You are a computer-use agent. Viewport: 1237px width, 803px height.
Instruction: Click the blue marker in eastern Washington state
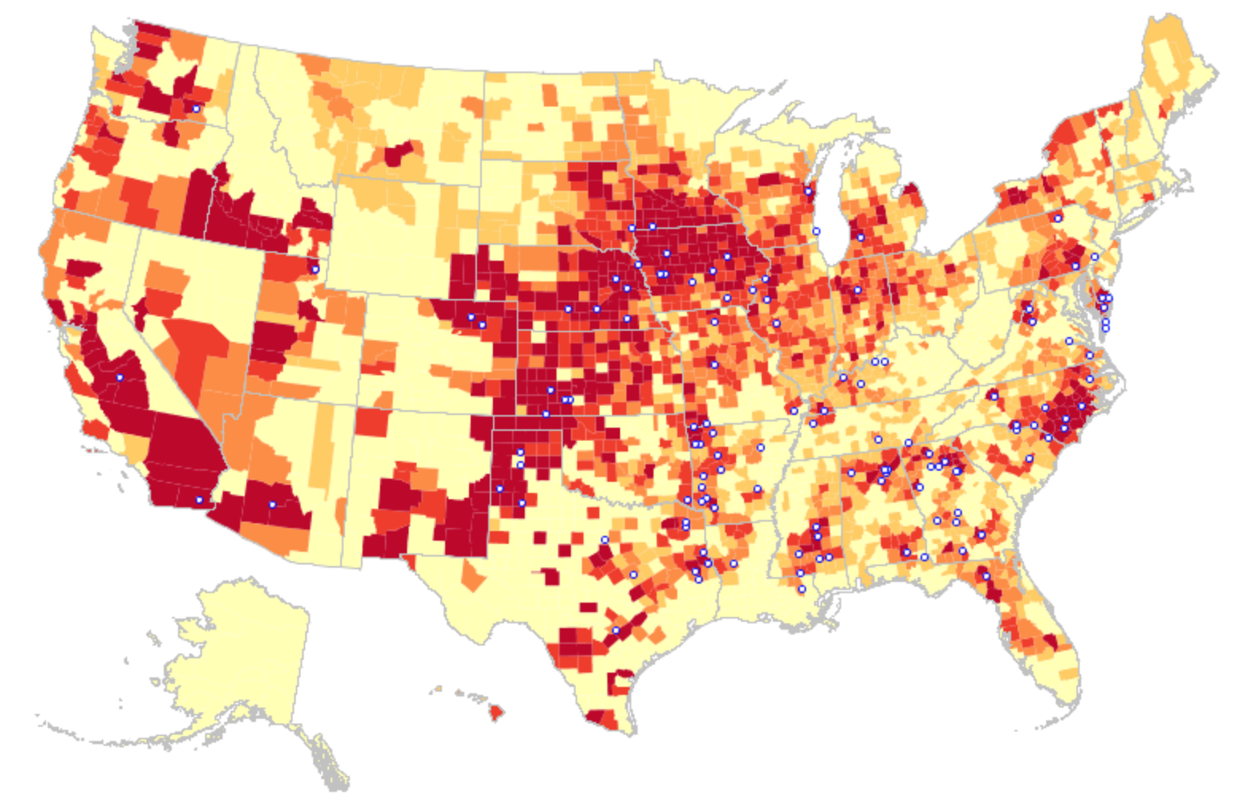pyautogui.click(x=196, y=108)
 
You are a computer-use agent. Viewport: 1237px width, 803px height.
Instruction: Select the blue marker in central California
pyautogui.click(x=120, y=377)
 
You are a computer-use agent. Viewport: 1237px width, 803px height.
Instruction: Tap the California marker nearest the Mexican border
pyautogui.click(x=200, y=500)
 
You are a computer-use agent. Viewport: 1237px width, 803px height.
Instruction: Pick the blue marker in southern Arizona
pyautogui.click(x=272, y=505)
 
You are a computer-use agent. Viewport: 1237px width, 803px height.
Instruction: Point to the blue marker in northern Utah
pyautogui.click(x=315, y=270)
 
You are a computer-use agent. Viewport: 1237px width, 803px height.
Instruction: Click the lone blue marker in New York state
pyautogui.click(x=1058, y=218)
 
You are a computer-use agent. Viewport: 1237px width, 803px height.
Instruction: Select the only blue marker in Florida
pyautogui.click(x=986, y=576)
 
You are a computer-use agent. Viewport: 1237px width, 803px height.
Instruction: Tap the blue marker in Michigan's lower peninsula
pyautogui.click(x=860, y=237)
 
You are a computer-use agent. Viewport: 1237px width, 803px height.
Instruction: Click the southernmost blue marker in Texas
pyautogui.click(x=615, y=630)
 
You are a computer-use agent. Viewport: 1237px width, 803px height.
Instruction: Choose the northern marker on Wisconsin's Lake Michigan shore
pyautogui.click(x=808, y=191)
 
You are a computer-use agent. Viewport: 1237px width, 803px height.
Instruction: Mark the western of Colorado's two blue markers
pyautogui.click(x=471, y=317)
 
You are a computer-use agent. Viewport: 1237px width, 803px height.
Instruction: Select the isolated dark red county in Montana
pyautogui.click(x=397, y=153)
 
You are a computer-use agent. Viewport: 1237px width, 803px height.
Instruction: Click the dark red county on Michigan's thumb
pyautogui.click(x=912, y=192)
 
